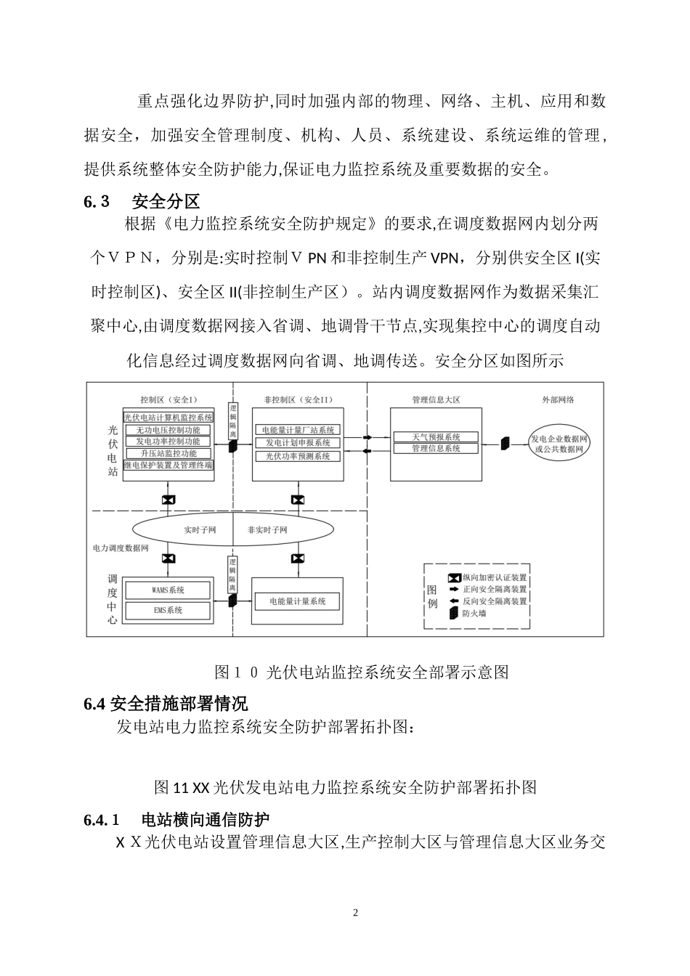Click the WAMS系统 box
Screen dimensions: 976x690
[x=168, y=590]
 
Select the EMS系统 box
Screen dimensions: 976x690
[x=168, y=610]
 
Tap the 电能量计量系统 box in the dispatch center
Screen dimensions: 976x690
[x=297, y=601]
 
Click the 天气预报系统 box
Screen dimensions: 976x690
[x=436, y=437]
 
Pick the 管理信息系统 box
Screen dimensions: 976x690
[x=436, y=449]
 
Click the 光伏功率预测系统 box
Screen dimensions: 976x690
[x=298, y=457]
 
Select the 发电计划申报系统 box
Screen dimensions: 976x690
[x=298, y=443]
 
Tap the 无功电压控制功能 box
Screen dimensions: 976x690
[x=168, y=429]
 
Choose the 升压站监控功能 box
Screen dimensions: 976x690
[x=168, y=453]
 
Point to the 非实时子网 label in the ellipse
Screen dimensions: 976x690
[x=267, y=530]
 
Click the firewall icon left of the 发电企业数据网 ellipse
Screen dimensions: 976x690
[x=505, y=442]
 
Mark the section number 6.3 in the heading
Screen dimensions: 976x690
[x=97, y=201]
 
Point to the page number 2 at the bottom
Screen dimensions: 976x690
[x=355, y=912]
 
